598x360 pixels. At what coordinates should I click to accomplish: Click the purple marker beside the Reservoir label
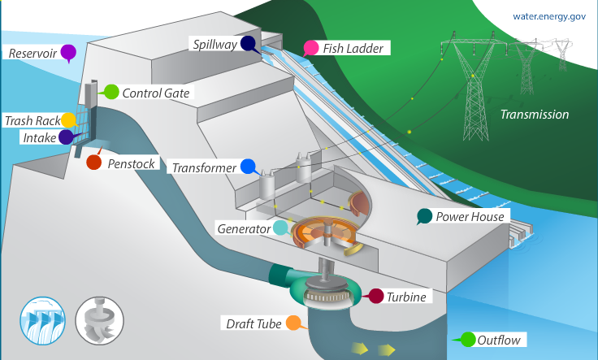(x=68, y=53)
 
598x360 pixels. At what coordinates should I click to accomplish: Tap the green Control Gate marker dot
(x=111, y=92)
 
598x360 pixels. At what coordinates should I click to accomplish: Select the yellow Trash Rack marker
(x=68, y=120)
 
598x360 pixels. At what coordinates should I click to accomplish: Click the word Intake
(x=39, y=138)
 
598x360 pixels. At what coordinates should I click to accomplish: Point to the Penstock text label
(x=131, y=163)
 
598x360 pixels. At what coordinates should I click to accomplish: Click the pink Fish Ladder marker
(x=310, y=47)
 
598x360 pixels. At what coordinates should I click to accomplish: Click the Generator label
(x=243, y=229)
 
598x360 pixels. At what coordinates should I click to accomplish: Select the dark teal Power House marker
(x=423, y=216)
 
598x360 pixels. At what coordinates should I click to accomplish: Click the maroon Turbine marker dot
(x=375, y=296)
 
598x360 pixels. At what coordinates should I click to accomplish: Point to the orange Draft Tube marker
(x=293, y=323)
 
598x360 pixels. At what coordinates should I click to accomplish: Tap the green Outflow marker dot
(x=468, y=340)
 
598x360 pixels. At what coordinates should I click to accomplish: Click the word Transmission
(x=534, y=115)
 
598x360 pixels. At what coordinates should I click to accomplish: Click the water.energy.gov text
(x=548, y=16)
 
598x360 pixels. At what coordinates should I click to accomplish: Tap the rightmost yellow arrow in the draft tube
(x=386, y=349)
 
